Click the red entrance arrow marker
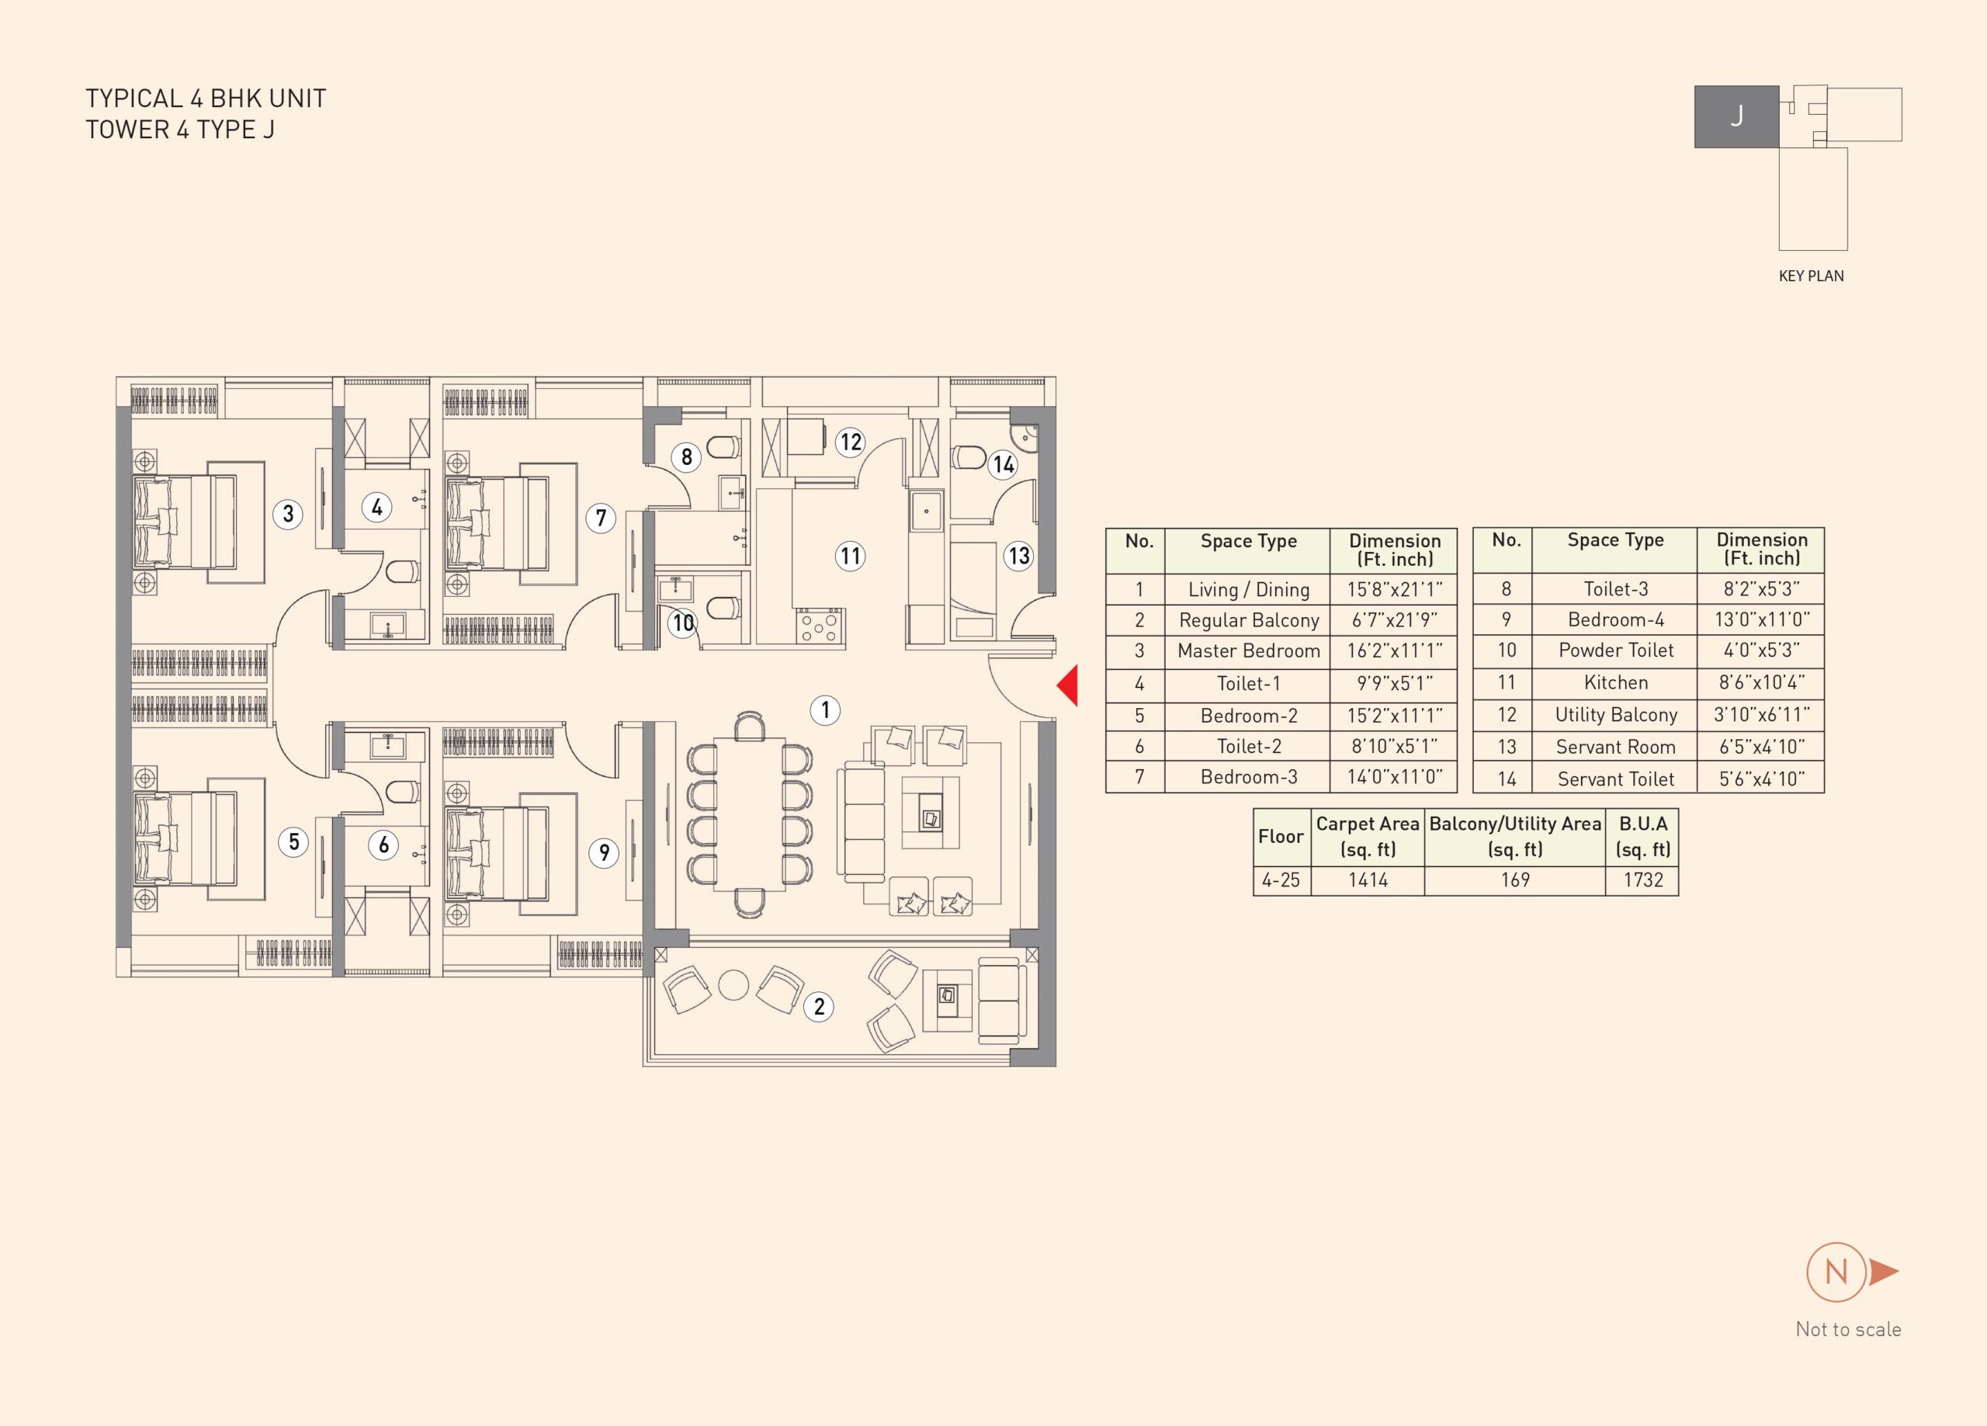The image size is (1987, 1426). coord(1068,685)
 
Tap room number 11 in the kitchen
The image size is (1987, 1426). coord(850,556)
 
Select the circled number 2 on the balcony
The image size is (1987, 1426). coord(819,1006)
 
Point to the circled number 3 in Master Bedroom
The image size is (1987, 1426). coord(287,514)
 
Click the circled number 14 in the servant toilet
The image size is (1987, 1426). coord(1003,464)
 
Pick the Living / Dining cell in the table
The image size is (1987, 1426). coord(1248,590)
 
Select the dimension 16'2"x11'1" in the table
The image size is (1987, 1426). coord(1395,651)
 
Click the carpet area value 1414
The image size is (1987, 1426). coord(1368,880)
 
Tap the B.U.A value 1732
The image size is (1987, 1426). coord(1642,880)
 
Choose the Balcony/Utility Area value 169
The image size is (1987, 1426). coord(1515,880)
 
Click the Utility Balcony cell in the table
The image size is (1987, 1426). coord(1615,715)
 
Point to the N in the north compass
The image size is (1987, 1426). coord(1836,1272)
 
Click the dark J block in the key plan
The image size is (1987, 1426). coord(1736,116)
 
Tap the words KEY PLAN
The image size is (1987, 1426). coord(1811,276)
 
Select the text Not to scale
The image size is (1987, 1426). coord(1849,1330)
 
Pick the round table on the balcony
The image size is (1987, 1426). coord(733,985)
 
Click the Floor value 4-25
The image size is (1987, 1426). coord(1281,880)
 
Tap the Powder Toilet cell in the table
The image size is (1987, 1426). coord(1615,651)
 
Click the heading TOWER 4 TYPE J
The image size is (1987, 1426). coord(179,130)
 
